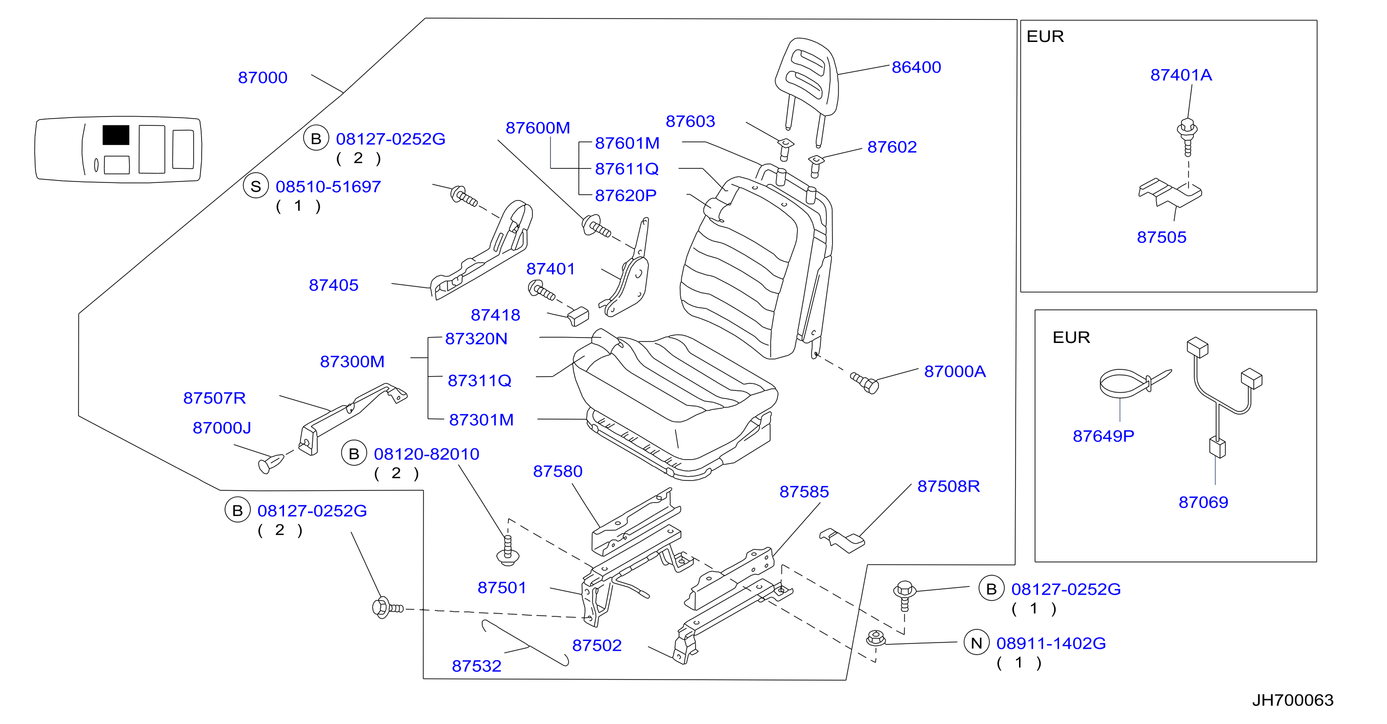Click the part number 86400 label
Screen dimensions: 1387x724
(916, 67)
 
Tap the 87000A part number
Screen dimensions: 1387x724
(955, 371)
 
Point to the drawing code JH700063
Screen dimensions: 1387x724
(1292, 700)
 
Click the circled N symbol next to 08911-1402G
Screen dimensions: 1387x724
(976, 643)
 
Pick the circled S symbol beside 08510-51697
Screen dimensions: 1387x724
(256, 186)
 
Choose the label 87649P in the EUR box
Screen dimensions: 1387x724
(1103, 436)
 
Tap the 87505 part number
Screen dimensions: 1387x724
(1162, 238)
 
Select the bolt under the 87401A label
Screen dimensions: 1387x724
(1187, 137)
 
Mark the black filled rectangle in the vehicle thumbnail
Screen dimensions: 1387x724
(116, 135)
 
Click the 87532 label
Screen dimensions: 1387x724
(476, 666)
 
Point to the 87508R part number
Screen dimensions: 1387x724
(948, 486)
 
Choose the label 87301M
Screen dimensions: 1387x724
(481, 420)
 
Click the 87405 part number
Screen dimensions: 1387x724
(333, 285)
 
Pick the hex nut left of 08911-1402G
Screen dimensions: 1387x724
(876, 639)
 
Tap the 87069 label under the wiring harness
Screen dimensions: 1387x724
(1203, 502)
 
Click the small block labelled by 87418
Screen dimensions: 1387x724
(578, 317)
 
